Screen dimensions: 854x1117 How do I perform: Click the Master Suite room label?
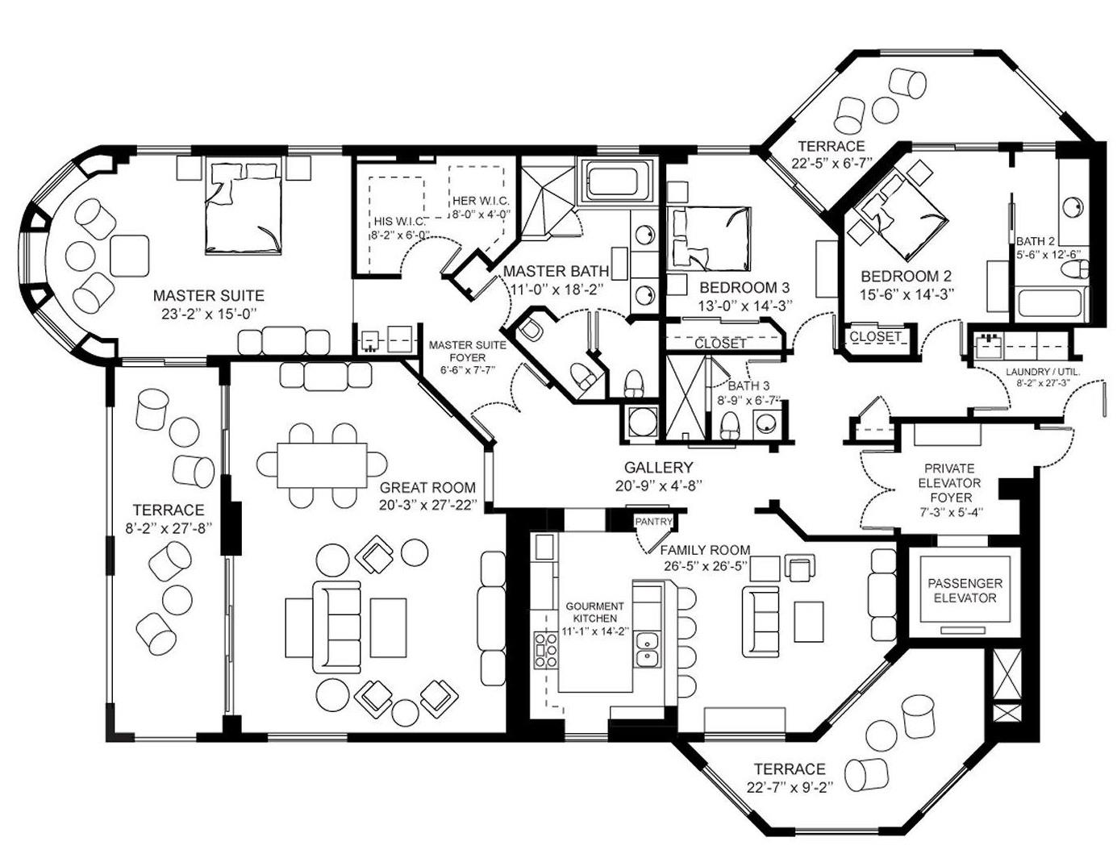208,295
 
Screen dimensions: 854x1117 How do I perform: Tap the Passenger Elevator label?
965,590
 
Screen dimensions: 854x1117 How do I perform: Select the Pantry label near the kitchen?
653,522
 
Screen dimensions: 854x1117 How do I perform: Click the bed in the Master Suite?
243,207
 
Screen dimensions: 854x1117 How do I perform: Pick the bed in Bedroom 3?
709,239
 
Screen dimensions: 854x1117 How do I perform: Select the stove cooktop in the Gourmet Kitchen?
546,650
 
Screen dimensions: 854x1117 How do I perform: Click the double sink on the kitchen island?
646,649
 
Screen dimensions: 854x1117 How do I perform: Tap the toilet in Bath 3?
730,426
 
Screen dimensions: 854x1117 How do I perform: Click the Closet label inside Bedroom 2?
874,336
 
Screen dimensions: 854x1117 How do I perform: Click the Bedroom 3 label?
744,287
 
